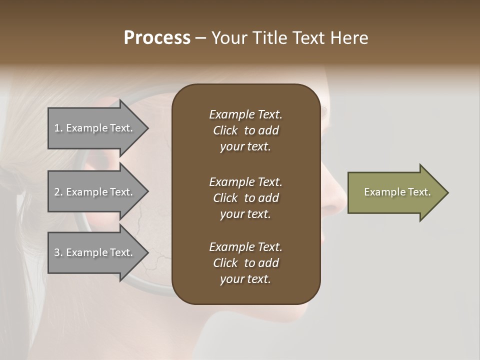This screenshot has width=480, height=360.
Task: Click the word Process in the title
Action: click(x=157, y=38)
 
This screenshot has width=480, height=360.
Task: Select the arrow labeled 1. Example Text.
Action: click(x=95, y=128)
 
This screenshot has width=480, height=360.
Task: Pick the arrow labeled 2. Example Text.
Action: click(x=95, y=192)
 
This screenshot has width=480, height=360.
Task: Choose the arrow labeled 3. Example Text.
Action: click(x=95, y=252)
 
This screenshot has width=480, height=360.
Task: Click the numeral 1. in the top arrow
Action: click(x=58, y=128)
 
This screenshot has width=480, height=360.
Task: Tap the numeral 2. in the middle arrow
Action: click(x=58, y=192)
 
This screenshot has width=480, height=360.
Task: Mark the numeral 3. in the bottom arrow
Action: click(x=58, y=252)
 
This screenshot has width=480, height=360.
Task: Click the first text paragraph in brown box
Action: click(x=245, y=130)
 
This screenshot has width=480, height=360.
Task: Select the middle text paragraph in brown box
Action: click(x=245, y=198)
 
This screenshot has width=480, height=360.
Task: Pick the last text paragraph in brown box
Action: click(x=245, y=263)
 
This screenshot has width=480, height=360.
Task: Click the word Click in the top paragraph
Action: click(x=225, y=130)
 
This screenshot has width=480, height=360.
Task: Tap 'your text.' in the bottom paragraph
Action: click(x=245, y=279)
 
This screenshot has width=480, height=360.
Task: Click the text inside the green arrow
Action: click(x=397, y=192)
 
